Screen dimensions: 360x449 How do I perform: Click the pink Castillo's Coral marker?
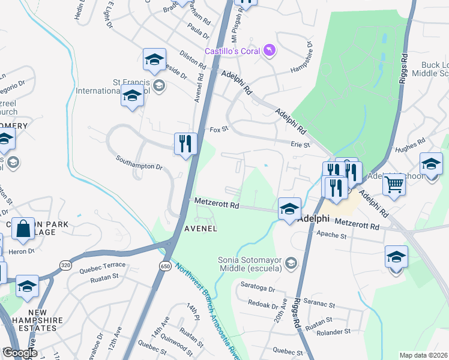click(270, 50)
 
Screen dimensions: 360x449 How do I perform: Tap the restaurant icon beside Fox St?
click(185, 144)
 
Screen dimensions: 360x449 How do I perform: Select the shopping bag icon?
click(23, 229)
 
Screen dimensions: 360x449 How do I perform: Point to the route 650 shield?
click(165, 265)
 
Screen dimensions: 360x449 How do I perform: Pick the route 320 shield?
click(65, 264)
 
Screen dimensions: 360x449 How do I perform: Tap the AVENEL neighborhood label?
click(200, 229)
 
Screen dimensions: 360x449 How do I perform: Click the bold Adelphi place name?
click(315, 218)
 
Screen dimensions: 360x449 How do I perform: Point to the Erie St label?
click(300, 145)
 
